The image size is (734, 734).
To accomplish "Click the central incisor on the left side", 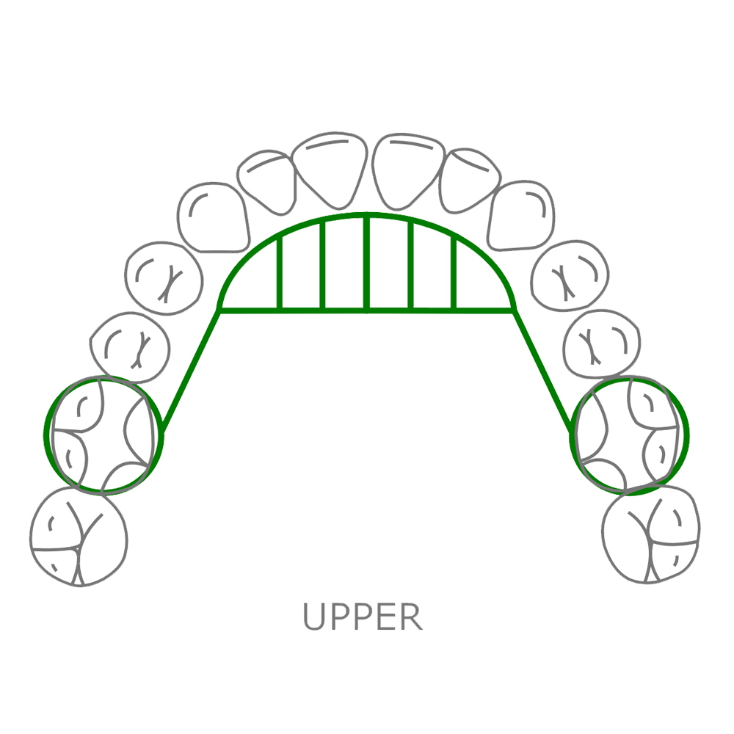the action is pos(330,167).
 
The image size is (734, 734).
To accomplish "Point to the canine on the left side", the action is pos(213,214).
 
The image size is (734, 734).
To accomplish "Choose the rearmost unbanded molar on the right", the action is pos(651,534).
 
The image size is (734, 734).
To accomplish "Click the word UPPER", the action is pos(363,617).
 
